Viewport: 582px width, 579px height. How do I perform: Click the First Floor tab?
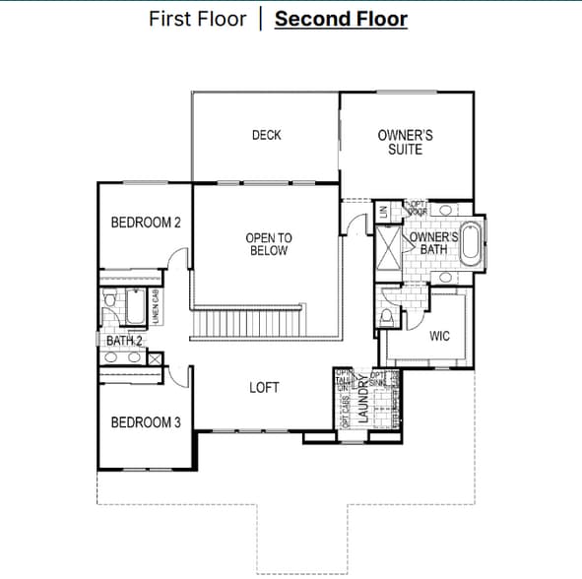click(197, 19)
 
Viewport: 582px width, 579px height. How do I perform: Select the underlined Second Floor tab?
click(341, 19)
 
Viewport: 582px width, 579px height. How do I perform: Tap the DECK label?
click(266, 135)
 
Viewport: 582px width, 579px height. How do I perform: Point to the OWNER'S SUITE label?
click(405, 142)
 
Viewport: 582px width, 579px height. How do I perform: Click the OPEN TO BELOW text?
click(268, 244)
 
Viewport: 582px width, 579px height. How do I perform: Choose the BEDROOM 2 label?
click(146, 223)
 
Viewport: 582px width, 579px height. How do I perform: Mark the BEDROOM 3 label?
click(146, 422)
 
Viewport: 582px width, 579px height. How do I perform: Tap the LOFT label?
click(264, 387)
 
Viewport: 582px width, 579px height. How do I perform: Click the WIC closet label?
click(440, 336)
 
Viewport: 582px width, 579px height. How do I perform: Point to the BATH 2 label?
click(124, 341)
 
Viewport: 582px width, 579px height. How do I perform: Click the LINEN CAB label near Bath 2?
click(156, 308)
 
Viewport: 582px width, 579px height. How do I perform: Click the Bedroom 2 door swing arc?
click(177, 258)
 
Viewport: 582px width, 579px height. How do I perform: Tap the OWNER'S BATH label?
click(433, 243)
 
